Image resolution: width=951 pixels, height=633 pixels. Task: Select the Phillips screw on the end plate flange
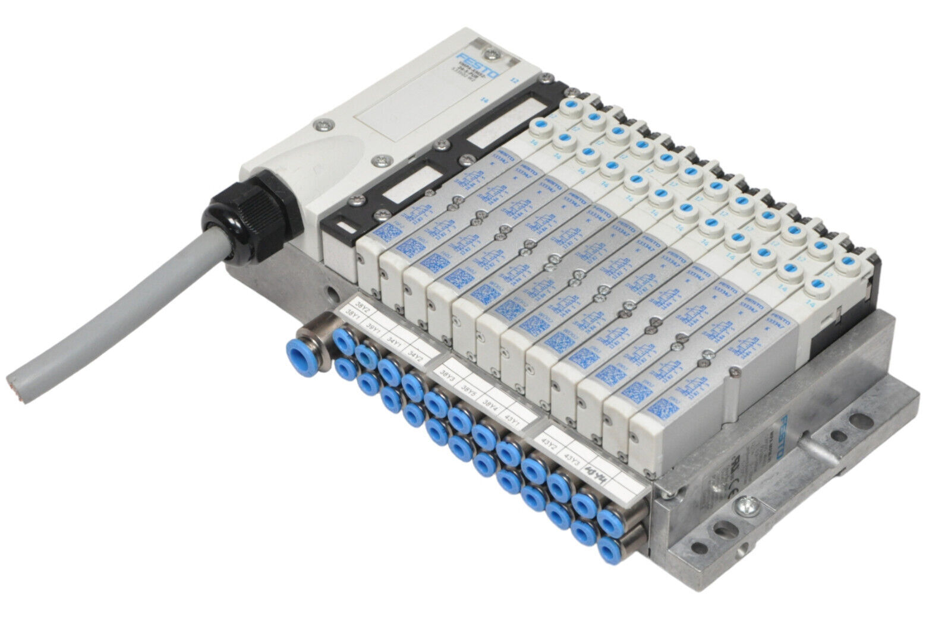(743, 507)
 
